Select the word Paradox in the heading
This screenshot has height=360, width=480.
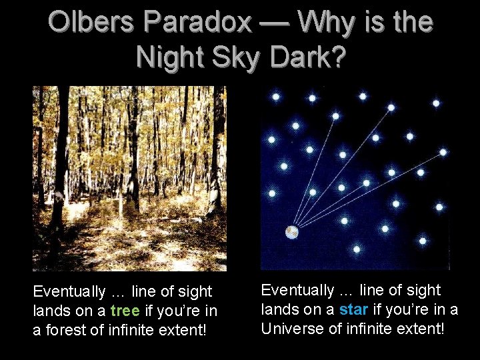click(x=201, y=23)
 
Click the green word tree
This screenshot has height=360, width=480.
click(x=125, y=311)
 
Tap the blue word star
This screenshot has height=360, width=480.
click(x=353, y=310)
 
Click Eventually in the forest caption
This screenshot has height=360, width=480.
click(x=69, y=292)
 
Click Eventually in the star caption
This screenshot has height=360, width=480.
click(x=297, y=291)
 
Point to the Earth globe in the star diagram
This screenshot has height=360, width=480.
click(x=291, y=232)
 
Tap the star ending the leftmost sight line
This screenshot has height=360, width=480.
click(x=335, y=116)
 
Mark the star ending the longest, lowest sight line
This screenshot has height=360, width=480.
click(x=443, y=153)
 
